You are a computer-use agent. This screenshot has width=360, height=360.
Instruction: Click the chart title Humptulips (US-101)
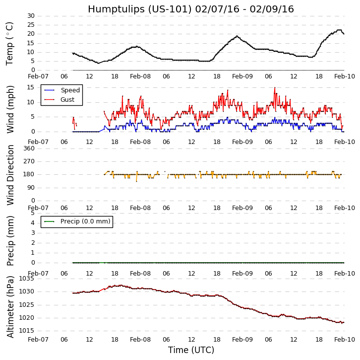tap(190, 9)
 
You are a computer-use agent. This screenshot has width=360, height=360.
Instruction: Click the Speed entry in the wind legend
tap(70, 90)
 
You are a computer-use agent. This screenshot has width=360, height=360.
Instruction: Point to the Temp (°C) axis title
tap(10, 43)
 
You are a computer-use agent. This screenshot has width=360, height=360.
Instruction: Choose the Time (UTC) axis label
tap(191, 350)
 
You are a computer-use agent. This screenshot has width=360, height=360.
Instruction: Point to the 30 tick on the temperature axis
tap(31, 16)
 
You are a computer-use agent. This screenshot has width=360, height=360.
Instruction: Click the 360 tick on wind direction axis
tap(29, 148)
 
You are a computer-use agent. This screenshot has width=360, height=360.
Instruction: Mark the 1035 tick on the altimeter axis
tap(27, 279)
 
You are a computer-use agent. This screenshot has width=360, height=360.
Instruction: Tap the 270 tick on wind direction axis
tap(29, 161)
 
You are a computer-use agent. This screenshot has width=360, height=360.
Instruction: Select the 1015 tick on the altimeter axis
tap(27, 331)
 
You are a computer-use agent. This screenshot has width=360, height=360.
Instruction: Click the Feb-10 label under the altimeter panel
tap(344, 340)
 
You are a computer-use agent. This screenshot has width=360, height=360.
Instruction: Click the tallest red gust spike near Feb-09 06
tap(275, 88)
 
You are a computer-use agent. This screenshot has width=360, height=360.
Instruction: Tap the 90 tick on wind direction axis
tap(31, 188)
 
